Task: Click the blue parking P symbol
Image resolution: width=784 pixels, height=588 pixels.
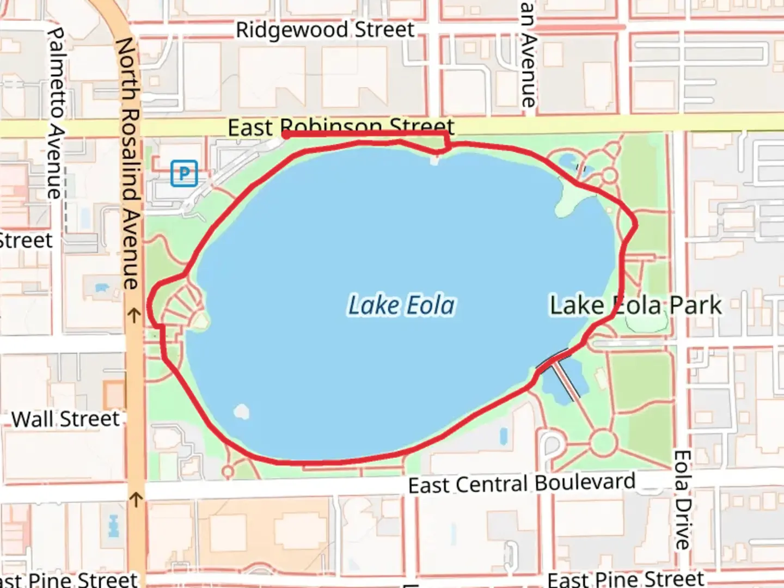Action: tap(184, 174)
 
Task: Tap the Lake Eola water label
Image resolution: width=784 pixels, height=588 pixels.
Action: tap(401, 305)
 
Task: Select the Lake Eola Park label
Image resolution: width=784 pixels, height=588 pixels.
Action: tap(635, 305)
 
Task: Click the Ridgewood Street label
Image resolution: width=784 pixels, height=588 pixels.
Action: tap(325, 29)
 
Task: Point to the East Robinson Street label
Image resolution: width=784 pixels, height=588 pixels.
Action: tap(341, 127)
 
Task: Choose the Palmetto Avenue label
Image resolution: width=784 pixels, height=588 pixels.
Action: tap(56, 113)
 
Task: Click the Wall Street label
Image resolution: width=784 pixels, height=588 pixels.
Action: tap(65, 419)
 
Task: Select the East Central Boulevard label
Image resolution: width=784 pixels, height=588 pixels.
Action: tap(522, 483)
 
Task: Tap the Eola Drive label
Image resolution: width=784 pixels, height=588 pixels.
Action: tap(682, 499)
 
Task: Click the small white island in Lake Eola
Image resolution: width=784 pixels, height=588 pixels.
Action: tap(241, 412)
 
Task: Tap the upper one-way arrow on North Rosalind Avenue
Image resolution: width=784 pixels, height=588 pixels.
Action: tap(134, 315)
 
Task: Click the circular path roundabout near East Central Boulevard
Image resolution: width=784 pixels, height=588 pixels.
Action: tap(602, 443)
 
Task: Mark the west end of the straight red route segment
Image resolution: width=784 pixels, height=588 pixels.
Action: tap(285, 134)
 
